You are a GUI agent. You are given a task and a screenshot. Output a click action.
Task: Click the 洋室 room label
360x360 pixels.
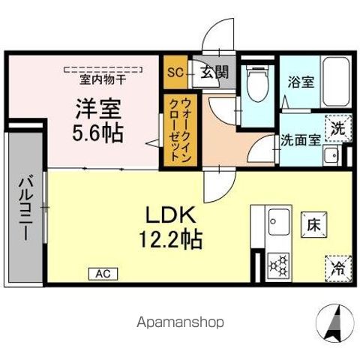pyautogui.click(x=97, y=107)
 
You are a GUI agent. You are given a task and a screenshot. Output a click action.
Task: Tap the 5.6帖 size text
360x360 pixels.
pyautogui.click(x=97, y=134)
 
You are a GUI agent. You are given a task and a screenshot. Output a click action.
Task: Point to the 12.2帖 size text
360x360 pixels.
pyautogui.click(x=172, y=241)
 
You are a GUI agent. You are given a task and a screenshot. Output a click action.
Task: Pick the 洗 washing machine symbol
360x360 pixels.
pyautogui.click(x=338, y=128)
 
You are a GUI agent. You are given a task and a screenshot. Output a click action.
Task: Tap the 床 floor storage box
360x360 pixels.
pyautogui.click(x=313, y=222)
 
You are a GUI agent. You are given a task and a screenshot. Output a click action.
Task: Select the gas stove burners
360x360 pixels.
pyautogui.click(x=280, y=265)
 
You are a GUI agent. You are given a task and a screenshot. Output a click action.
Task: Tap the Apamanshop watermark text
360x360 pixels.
pyautogui.click(x=180, y=322)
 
